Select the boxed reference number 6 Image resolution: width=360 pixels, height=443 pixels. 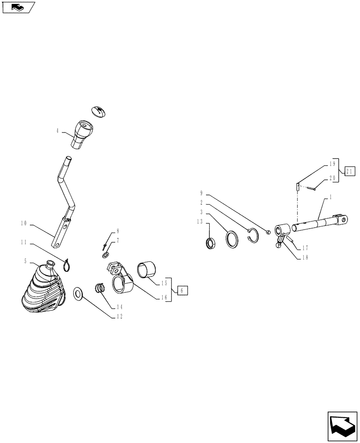[182, 291]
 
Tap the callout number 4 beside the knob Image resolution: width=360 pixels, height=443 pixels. [58, 132]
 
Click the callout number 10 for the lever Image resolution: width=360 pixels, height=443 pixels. [24, 224]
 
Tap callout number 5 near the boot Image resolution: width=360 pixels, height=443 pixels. [25, 261]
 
